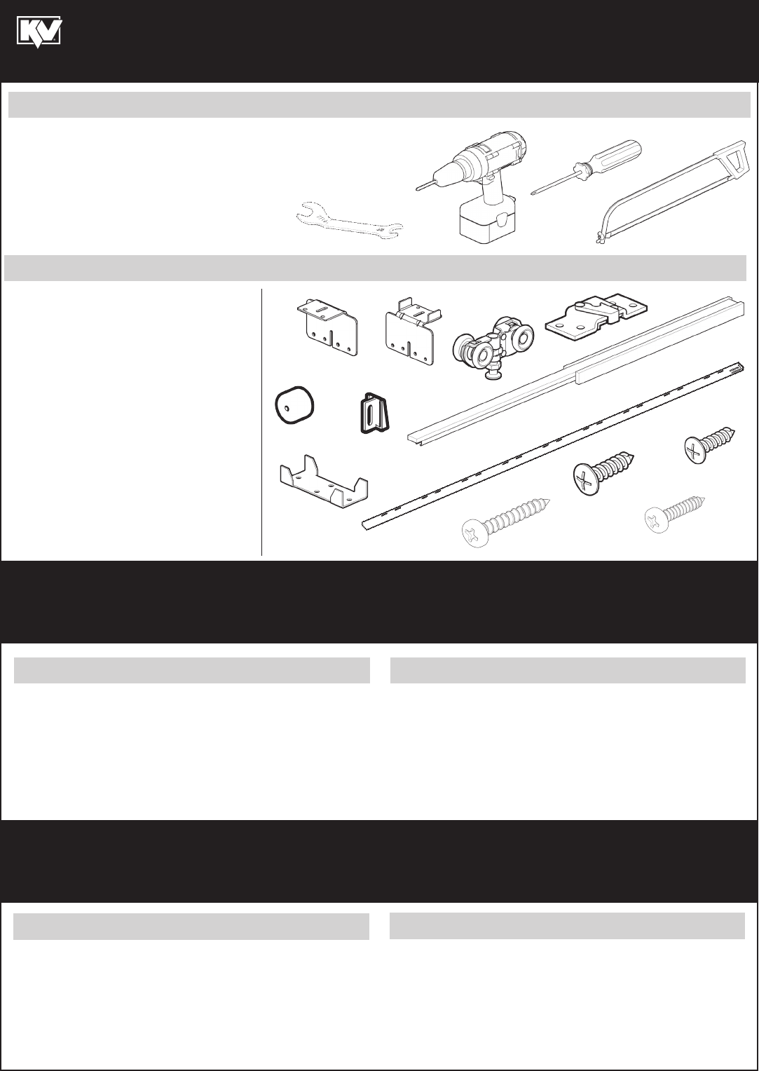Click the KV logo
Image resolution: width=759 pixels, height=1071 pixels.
point(39,32)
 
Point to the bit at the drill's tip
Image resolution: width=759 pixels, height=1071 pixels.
point(423,186)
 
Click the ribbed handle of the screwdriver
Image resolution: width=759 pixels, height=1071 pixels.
point(614,156)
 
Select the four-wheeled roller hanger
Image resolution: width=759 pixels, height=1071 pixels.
point(493,347)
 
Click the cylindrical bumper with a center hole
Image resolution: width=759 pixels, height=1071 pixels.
point(294,405)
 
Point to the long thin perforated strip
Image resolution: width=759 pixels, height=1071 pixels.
point(554,445)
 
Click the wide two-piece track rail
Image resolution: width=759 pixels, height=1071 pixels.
point(576,369)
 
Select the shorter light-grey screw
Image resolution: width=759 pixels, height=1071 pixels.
point(675,514)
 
